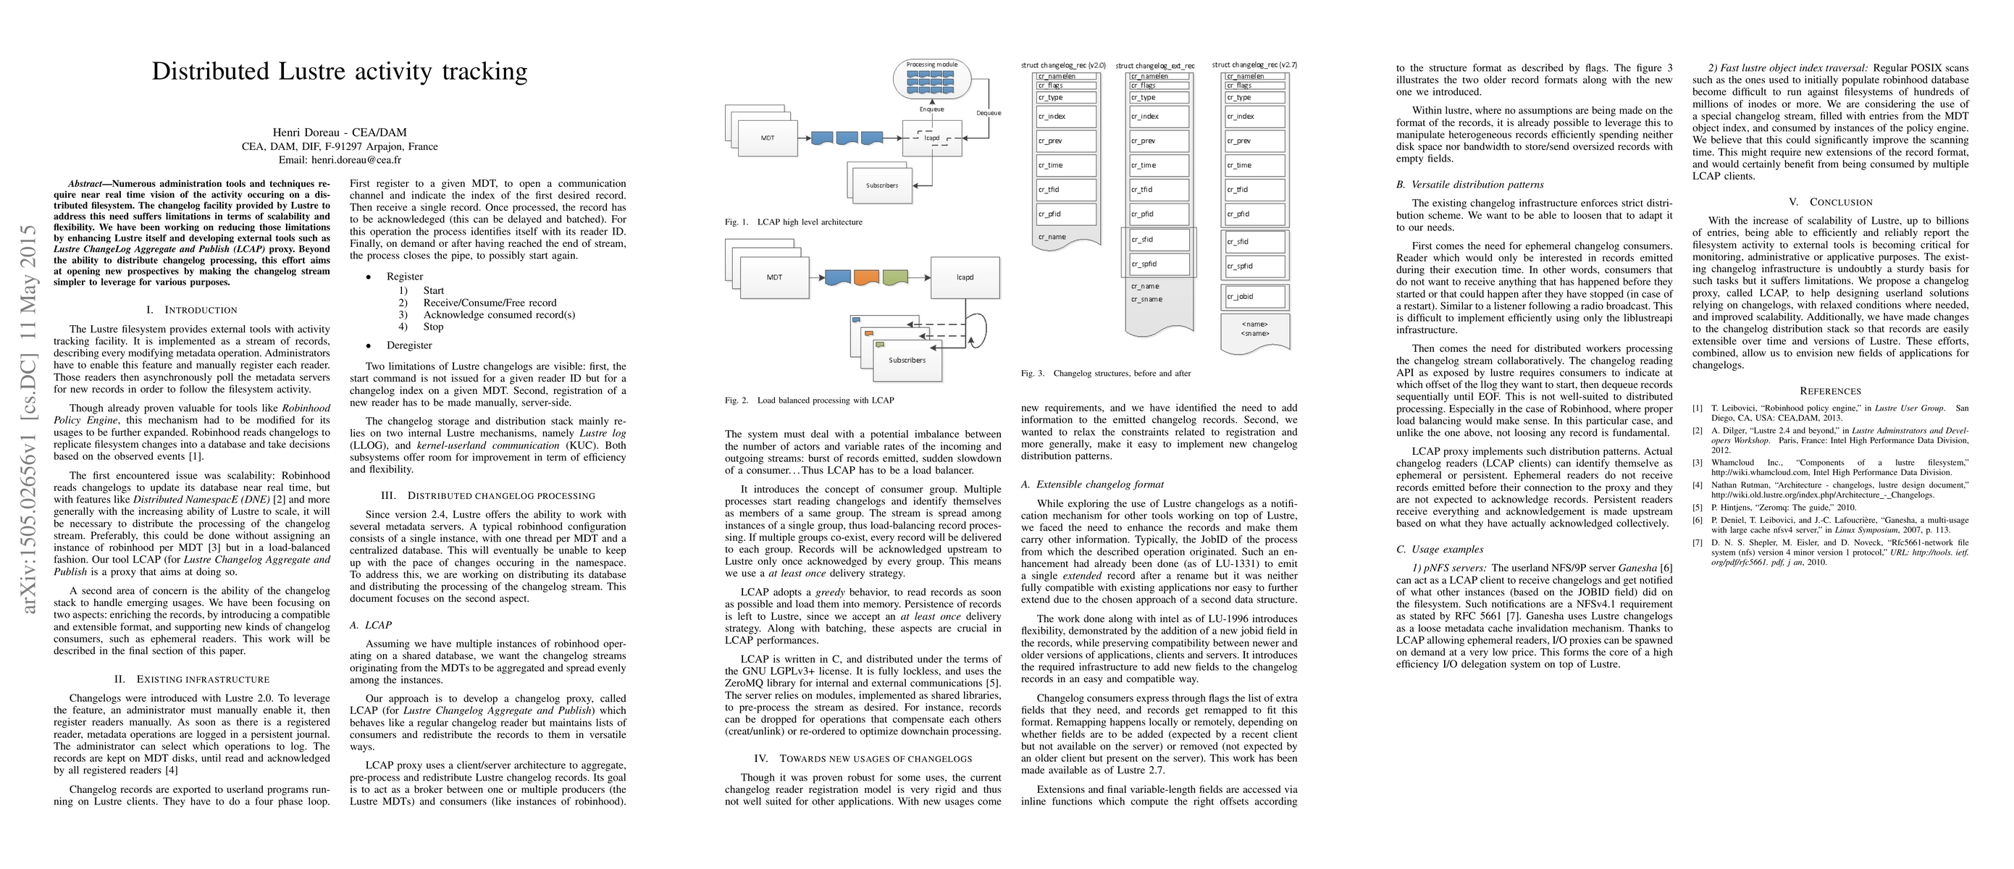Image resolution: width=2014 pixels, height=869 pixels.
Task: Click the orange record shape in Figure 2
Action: (866, 277)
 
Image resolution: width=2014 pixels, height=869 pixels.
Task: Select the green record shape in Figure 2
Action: (895, 277)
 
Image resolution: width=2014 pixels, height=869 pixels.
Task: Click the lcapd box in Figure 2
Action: (965, 277)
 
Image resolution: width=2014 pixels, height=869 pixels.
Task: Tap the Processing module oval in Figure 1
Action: (931, 80)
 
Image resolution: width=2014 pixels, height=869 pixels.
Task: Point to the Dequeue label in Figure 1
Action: (989, 113)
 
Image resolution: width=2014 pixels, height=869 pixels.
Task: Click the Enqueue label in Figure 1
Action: (931, 109)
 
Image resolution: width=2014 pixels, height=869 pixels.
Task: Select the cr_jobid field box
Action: (1255, 297)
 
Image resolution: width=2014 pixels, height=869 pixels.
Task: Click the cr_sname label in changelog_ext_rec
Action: (1146, 299)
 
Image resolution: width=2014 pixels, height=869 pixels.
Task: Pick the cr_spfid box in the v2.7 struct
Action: (1255, 266)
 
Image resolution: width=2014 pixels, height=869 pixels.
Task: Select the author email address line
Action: (340, 159)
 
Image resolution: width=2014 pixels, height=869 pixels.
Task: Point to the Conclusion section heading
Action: (1830, 202)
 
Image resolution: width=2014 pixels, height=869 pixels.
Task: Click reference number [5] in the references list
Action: (1698, 508)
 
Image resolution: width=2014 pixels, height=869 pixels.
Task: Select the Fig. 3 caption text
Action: (1106, 374)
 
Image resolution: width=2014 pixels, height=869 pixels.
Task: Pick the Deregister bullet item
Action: (409, 345)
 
